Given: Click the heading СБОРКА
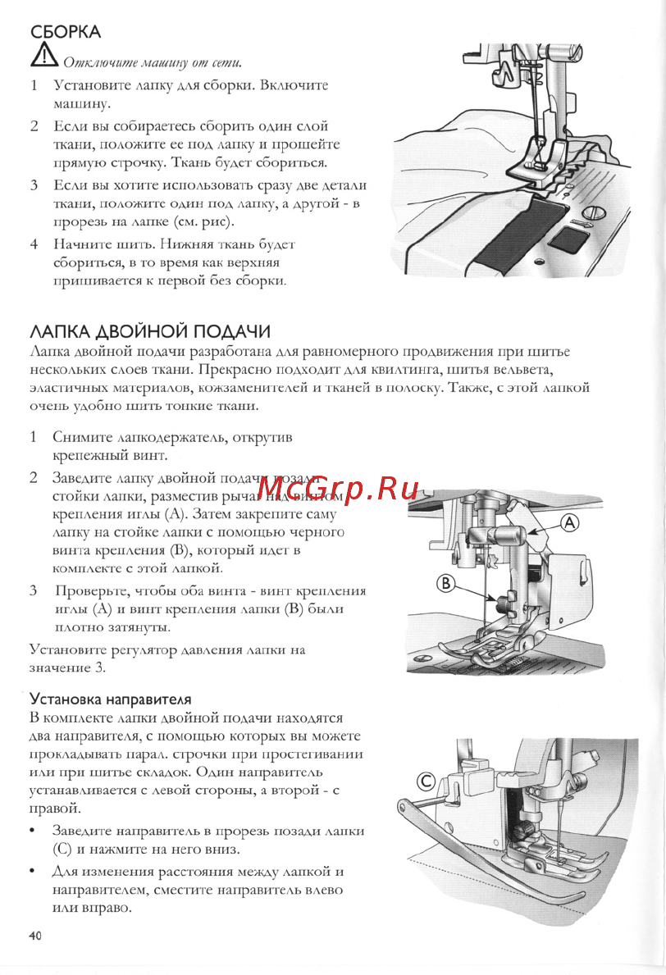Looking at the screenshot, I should coord(65,32).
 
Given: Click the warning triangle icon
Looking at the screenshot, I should coord(41,57).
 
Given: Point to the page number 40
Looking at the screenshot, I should coord(35,936).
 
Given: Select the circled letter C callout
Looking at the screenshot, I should coord(426,781).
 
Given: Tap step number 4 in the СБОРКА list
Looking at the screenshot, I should coord(34,244).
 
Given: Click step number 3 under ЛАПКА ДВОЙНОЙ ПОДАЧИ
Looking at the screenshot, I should coord(34,590).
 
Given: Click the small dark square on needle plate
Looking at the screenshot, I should coord(565,240).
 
